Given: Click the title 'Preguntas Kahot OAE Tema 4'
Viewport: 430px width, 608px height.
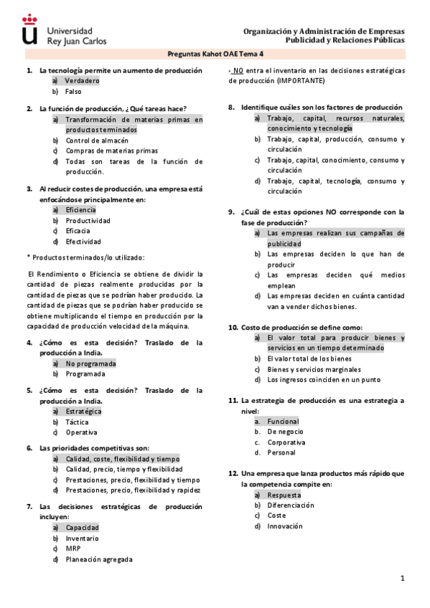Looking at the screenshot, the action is (215, 54).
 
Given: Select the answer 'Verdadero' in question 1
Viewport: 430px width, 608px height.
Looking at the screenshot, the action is (83, 81).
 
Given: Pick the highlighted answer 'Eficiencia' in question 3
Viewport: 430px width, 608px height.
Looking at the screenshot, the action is (80, 210).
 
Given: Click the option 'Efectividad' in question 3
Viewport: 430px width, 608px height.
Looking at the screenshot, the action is (83, 242).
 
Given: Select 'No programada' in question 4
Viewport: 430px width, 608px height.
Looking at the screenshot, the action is (90, 364).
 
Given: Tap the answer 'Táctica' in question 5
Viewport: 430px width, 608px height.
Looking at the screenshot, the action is (78, 422).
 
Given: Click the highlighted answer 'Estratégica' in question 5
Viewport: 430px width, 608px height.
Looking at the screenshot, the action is (83, 412).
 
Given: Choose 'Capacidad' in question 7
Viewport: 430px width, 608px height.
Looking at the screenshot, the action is (82, 528).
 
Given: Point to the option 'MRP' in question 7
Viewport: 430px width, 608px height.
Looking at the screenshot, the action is (73, 548).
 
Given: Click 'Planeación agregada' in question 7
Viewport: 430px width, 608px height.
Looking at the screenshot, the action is (99, 559).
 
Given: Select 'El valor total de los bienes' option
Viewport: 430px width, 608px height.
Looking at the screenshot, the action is (309, 358).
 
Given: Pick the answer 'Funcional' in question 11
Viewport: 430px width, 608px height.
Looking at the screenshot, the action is (283, 422).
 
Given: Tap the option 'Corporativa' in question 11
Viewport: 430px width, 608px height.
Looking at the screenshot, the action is (286, 442).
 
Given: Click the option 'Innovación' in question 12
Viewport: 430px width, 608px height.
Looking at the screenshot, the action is (285, 526).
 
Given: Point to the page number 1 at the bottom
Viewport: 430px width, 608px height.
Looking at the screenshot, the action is (403, 579).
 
